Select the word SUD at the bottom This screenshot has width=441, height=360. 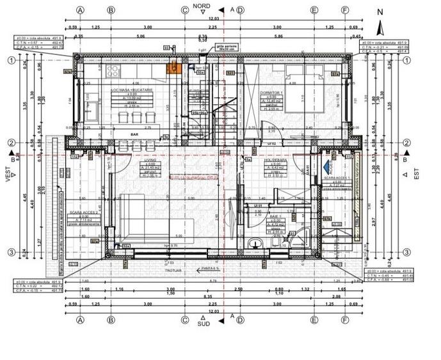202,324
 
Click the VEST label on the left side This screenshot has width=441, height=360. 10,173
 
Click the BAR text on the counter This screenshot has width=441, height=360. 134,135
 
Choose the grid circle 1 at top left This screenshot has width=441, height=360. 12,60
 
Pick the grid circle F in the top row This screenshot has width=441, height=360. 345,11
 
